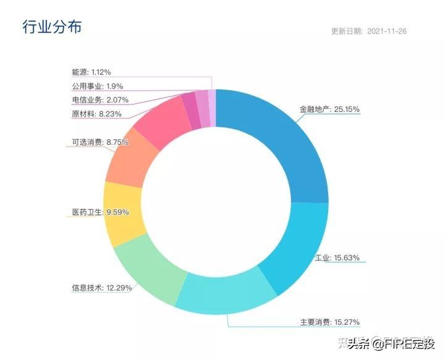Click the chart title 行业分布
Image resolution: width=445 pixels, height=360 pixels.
coord(52,27)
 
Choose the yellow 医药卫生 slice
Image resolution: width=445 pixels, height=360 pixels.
coord(124,213)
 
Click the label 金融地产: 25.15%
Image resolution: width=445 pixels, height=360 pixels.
coord(329,109)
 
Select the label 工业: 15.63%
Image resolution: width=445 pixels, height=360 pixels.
coord(337,257)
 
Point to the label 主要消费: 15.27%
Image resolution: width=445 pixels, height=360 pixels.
coord(329,322)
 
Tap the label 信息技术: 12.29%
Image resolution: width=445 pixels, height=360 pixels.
coord(101,288)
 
